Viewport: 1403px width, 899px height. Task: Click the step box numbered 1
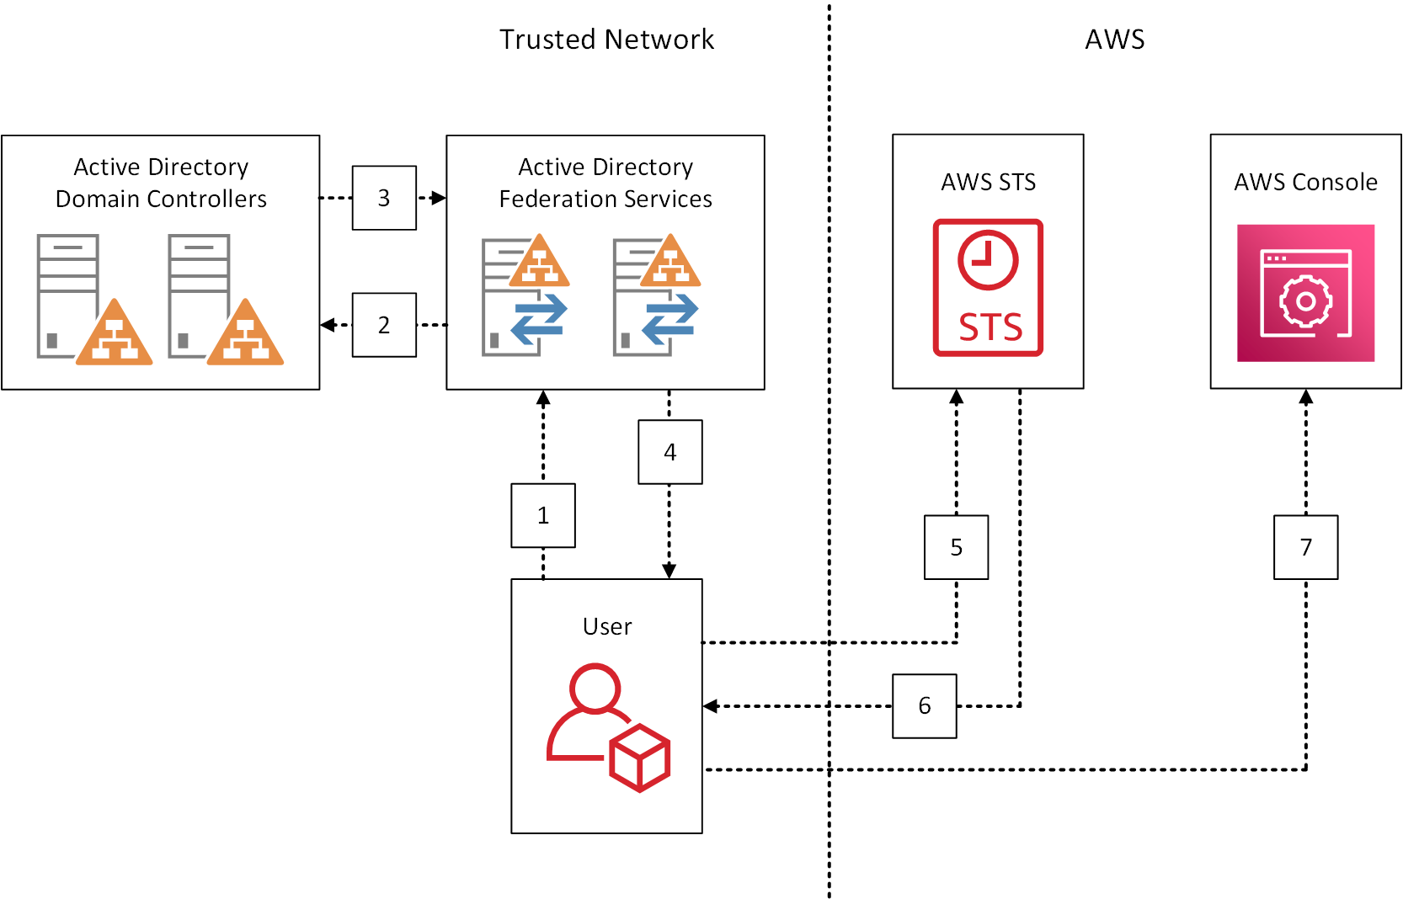[x=543, y=515]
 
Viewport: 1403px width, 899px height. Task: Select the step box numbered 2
[x=384, y=325]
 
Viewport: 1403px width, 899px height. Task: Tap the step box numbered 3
[x=384, y=198]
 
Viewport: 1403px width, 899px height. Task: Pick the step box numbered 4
[x=670, y=452]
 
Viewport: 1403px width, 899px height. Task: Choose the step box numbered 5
[x=957, y=547]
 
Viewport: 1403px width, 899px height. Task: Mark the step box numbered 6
[x=925, y=705]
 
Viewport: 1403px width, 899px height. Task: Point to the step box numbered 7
[x=1306, y=547]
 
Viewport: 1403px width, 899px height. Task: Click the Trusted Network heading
[x=606, y=40]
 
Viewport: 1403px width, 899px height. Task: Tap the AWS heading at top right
[x=1114, y=40]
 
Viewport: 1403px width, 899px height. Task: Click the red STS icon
[x=988, y=288]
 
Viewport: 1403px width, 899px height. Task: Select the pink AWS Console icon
[x=1305, y=293]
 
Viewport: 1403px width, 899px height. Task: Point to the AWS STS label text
[x=988, y=183]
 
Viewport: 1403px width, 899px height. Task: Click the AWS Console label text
[x=1305, y=183]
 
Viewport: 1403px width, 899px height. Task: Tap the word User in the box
[x=606, y=627]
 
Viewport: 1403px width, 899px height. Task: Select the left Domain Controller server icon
[x=93, y=299]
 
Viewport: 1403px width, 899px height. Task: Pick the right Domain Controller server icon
[x=224, y=299]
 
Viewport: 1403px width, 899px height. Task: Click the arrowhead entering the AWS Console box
[x=1306, y=397]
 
